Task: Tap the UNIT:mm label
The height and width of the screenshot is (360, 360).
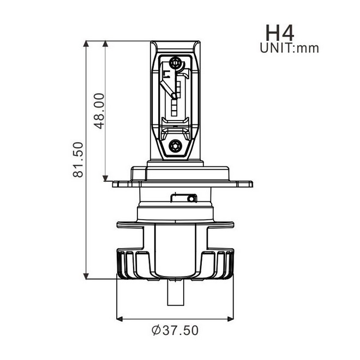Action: (289, 48)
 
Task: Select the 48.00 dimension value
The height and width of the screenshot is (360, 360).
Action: (99, 110)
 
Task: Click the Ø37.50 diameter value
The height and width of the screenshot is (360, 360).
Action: (175, 331)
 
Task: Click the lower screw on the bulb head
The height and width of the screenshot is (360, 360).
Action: (175, 145)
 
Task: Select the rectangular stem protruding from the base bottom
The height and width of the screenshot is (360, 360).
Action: (176, 293)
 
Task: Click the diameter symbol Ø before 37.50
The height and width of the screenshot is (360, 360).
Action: (155, 331)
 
